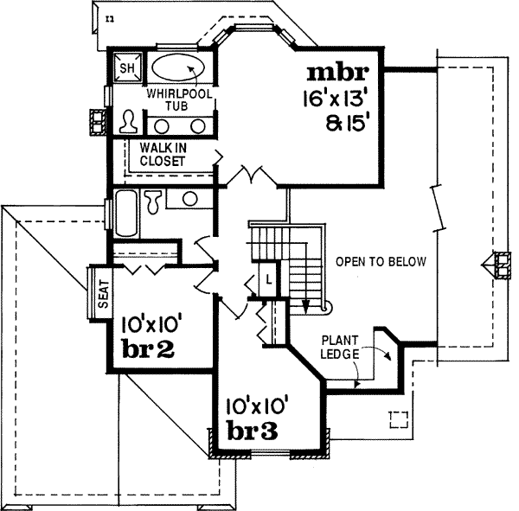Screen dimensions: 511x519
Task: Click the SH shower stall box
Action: [126, 67]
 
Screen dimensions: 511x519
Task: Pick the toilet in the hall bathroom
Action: [153, 202]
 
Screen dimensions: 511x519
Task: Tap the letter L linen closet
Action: [269, 278]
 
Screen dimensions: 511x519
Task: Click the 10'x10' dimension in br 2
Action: [151, 326]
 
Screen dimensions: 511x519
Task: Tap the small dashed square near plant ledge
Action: [399, 419]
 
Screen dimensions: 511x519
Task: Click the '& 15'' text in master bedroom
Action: [347, 122]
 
